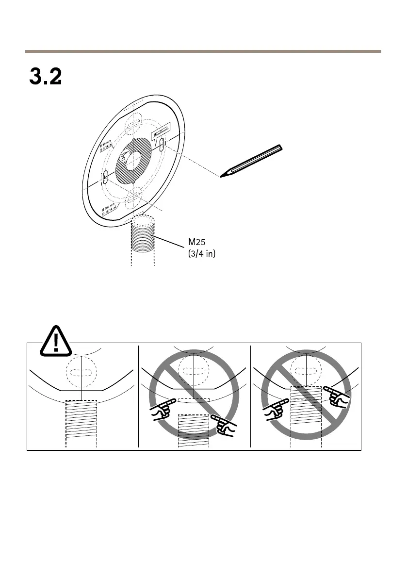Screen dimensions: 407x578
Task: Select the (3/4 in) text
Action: pos(201,253)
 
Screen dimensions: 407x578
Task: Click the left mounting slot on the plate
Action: pos(105,177)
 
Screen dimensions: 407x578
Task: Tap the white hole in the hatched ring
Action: pos(132,160)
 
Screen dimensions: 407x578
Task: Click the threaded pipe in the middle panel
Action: pos(194,429)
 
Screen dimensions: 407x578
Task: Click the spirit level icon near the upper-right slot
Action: pos(160,132)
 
